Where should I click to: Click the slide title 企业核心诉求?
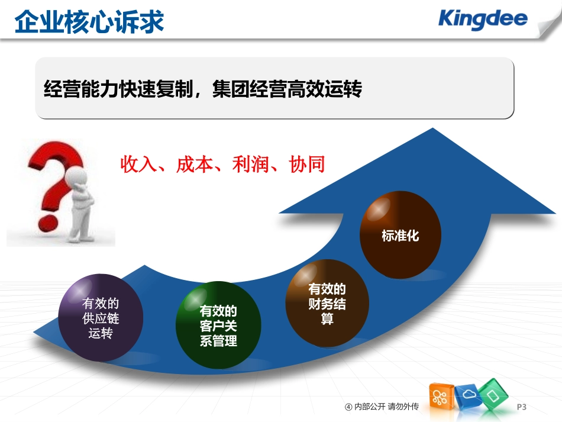[x=89, y=22]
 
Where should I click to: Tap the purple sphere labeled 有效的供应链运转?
[x=101, y=318]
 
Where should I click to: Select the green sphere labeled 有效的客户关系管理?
[x=218, y=326]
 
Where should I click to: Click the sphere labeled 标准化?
[x=400, y=235]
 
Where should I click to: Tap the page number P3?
[x=521, y=407]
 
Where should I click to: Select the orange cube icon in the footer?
[x=441, y=398]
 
